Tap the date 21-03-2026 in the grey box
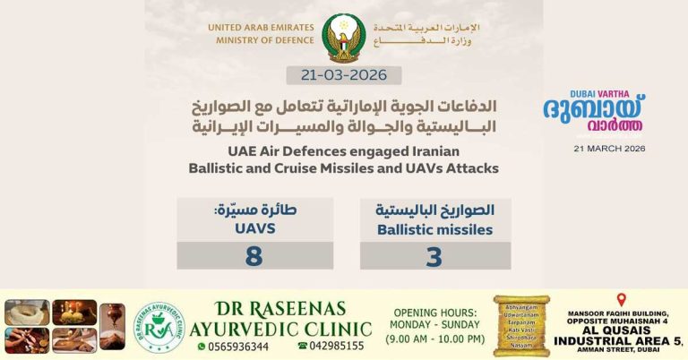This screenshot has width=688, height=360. pos(344,75)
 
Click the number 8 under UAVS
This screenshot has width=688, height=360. pos(254,256)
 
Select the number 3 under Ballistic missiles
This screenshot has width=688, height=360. pos(434,256)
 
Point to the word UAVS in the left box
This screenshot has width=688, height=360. pos(254,229)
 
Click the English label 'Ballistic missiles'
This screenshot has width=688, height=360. pos(434,230)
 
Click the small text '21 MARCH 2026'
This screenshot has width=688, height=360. pos(609,149)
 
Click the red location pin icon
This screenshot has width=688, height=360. pos(621,300)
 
